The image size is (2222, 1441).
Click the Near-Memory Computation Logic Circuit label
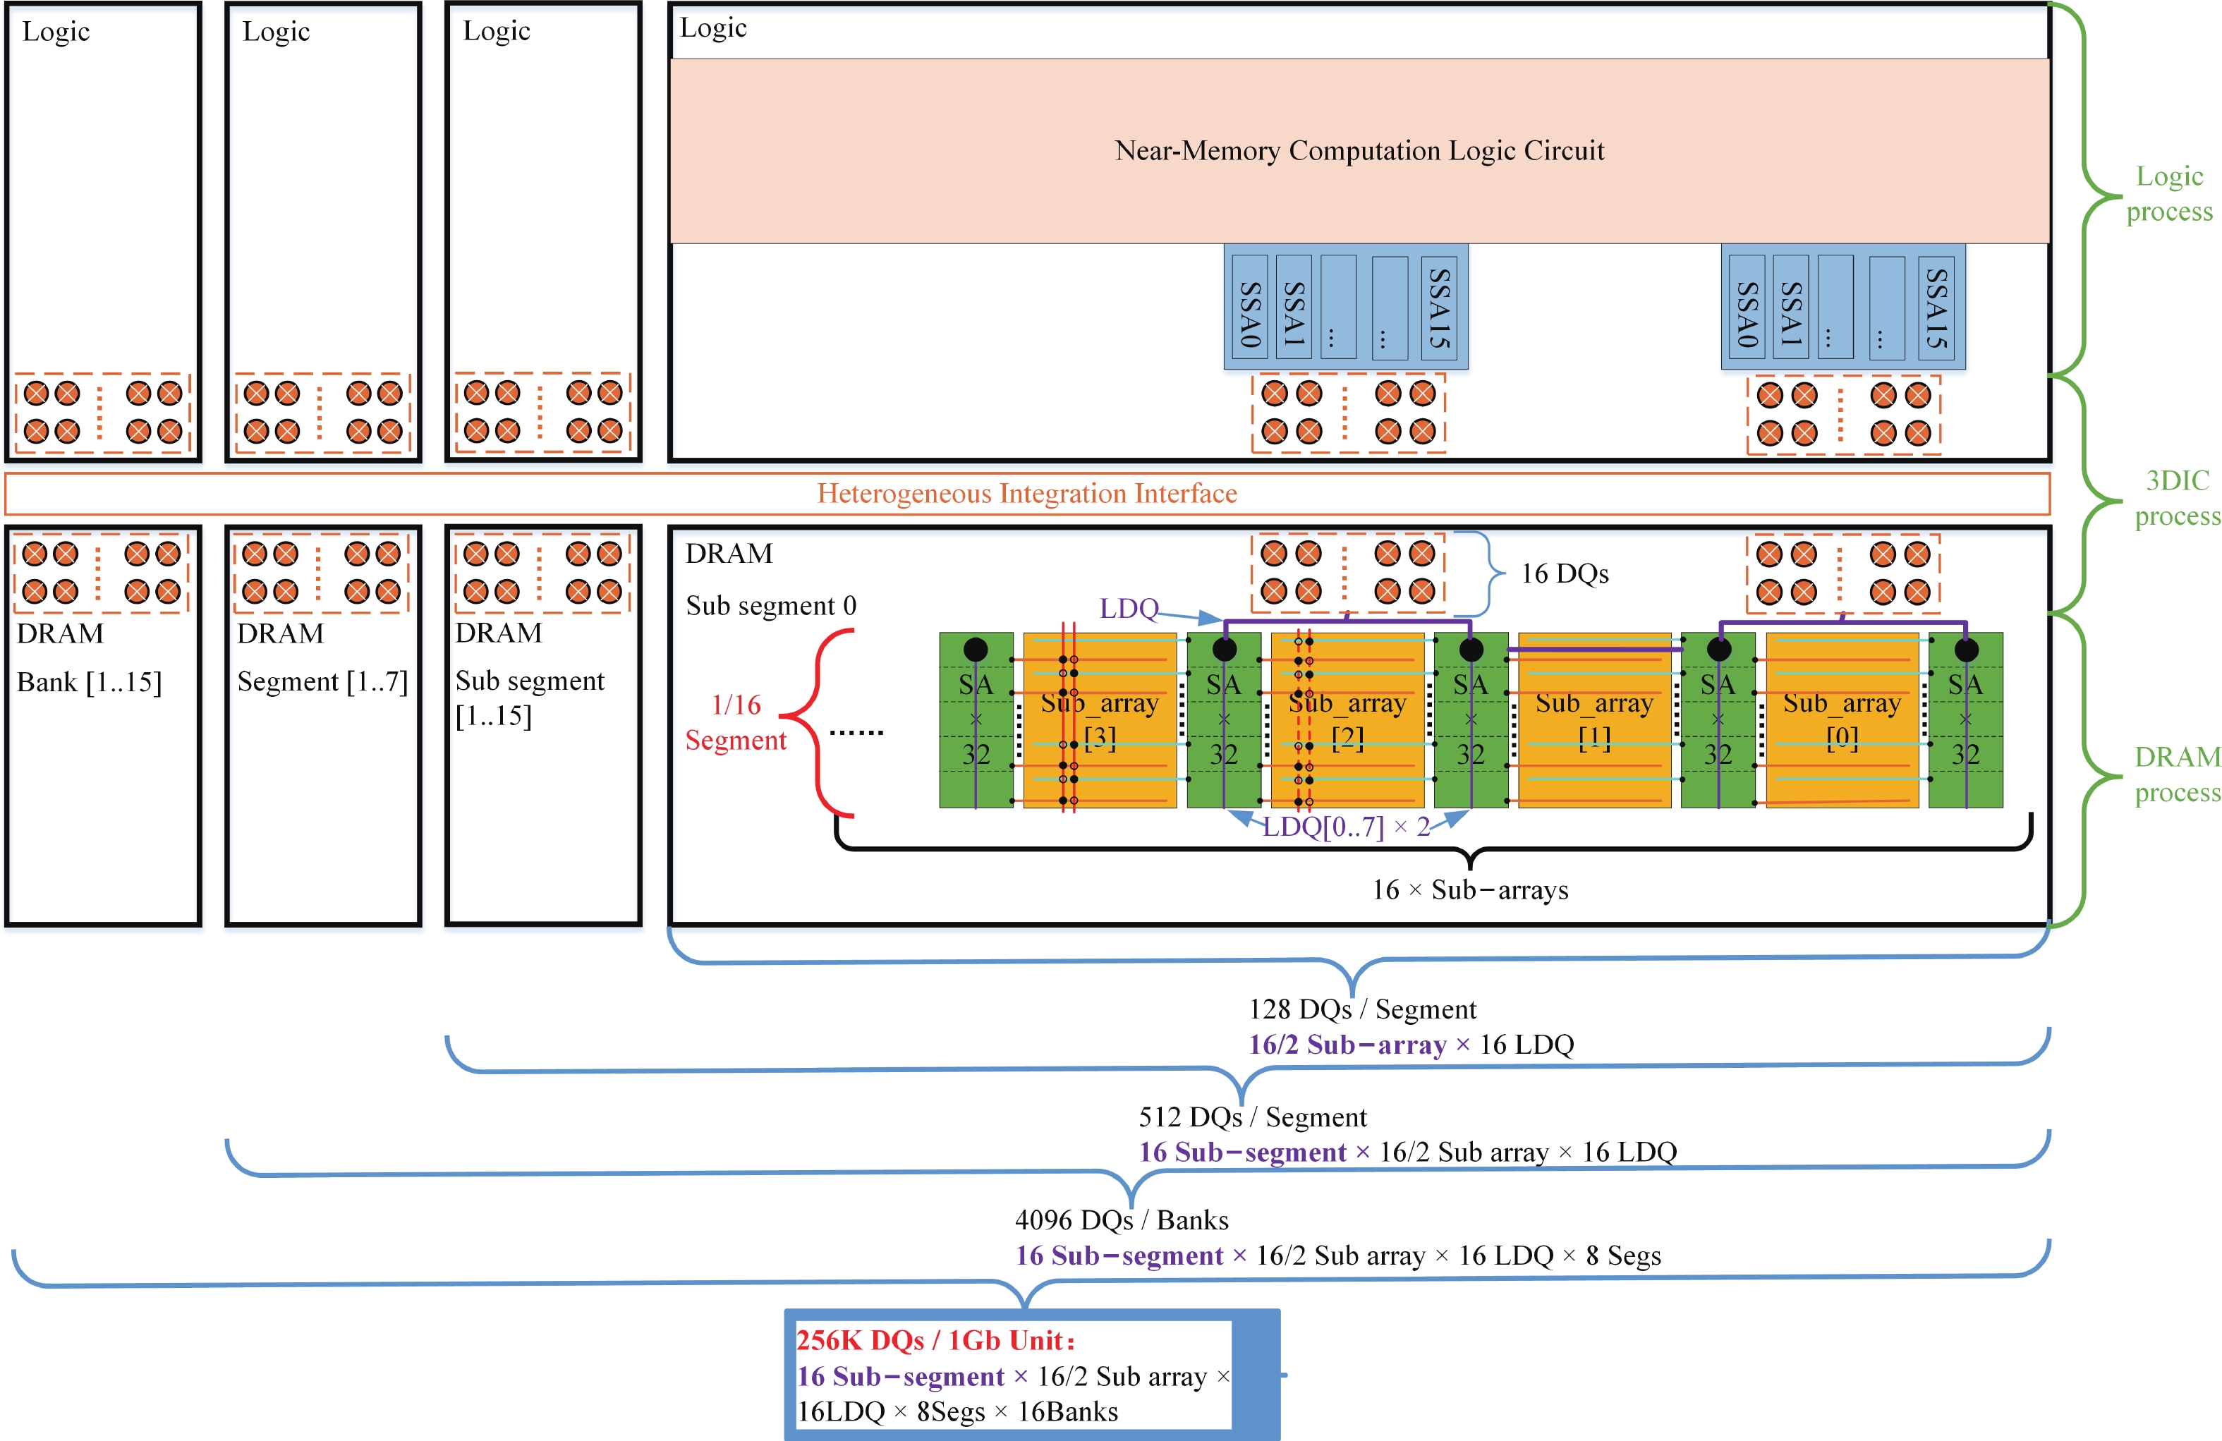(x=1359, y=150)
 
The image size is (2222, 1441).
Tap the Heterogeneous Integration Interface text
(x=1027, y=493)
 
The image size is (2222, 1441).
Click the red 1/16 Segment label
(x=736, y=722)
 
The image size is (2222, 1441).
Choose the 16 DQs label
(x=1565, y=573)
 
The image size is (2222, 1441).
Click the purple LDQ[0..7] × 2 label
(x=1345, y=827)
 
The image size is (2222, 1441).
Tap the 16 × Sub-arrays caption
(x=1469, y=889)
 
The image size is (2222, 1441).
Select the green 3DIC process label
(x=2177, y=497)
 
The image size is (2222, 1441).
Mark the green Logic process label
(x=2169, y=193)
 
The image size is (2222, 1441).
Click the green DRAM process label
(x=2177, y=774)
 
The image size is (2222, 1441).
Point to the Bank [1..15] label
(x=90, y=682)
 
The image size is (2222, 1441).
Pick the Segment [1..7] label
(x=322, y=681)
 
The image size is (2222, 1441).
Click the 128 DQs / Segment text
(x=1362, y=1009)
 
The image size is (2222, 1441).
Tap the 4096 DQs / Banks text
(x=1122, y=1220)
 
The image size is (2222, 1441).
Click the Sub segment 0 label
(x=770, y=606)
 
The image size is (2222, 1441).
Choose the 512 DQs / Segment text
(x=1252, y=1117)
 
